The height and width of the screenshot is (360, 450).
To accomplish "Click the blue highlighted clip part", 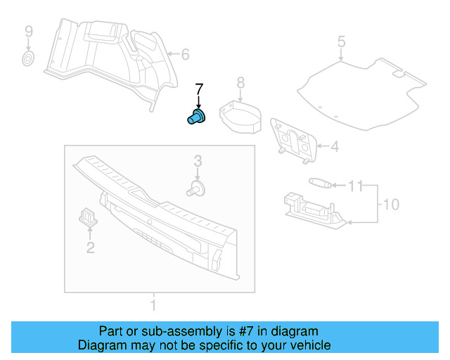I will pyautogui.click(x=196, y=117).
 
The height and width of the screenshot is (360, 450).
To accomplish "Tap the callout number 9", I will pyautogui.click(x=28, y=32).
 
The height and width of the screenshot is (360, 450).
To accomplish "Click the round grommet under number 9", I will pyautogui.click(x=28, y=58).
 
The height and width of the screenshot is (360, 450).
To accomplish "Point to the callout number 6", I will pyautogui.click(x=186, y=54).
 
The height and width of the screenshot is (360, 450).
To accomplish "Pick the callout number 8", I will pyautogui.click(x=240, y=84).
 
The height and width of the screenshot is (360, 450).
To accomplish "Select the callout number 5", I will pyautogui.click(x=341, y=41).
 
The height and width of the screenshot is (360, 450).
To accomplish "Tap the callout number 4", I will pyautogui.click(x=335, y=146).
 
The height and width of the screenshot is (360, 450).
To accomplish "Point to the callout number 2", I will pyautogui.click(x=90, y=246).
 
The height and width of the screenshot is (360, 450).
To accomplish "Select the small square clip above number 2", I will pyautogui.click(x=89, y=217).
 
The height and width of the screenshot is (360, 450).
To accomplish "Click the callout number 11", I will pyautogui.click(x=356, y=186).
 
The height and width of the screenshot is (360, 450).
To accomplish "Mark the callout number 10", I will pyautogui.click(x=390, y=205).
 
